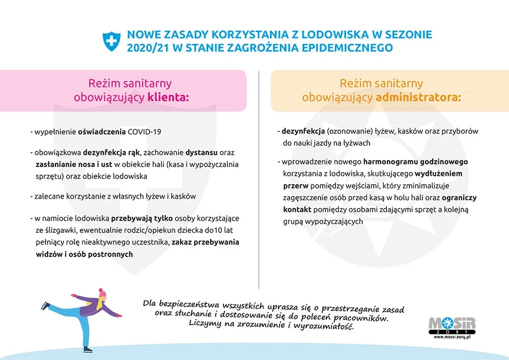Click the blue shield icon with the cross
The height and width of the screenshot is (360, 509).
111,41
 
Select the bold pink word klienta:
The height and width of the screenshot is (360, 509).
168,97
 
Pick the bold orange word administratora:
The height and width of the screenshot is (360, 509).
418,97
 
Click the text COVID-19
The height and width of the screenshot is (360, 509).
144,131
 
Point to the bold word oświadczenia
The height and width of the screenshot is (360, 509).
101,131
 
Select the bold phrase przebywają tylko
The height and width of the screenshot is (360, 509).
136,218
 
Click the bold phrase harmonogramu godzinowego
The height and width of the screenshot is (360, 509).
415,161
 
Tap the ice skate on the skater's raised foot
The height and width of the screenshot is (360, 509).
46,305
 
